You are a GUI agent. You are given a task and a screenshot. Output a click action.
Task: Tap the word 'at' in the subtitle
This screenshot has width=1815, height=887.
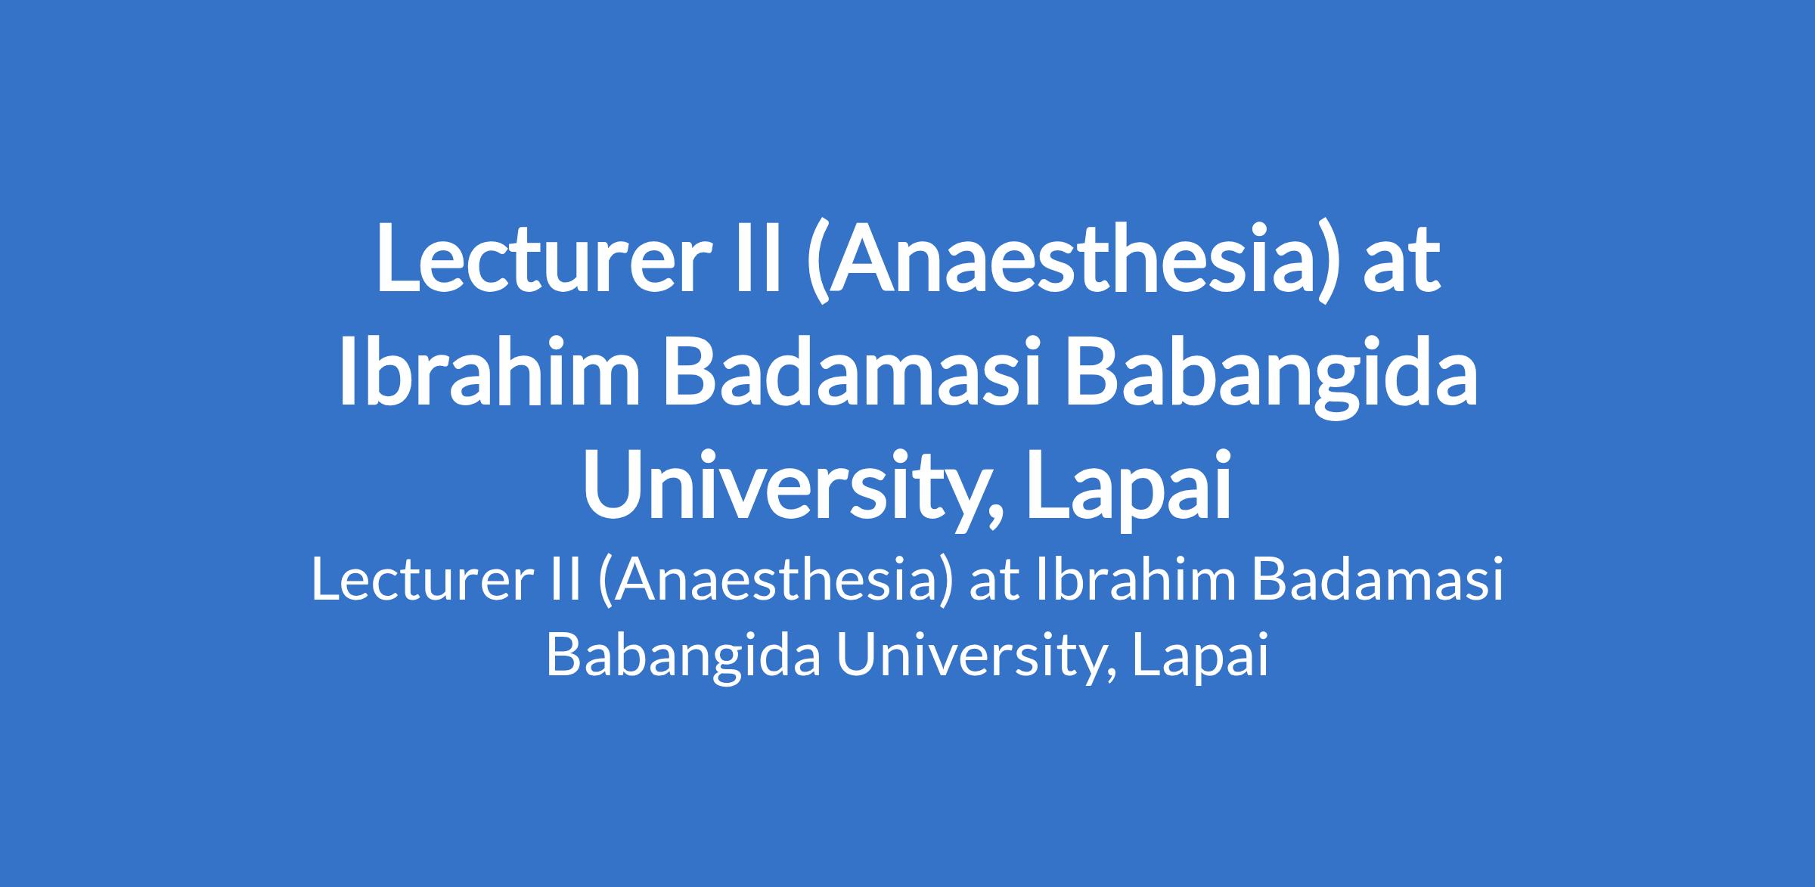pos(992,585)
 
